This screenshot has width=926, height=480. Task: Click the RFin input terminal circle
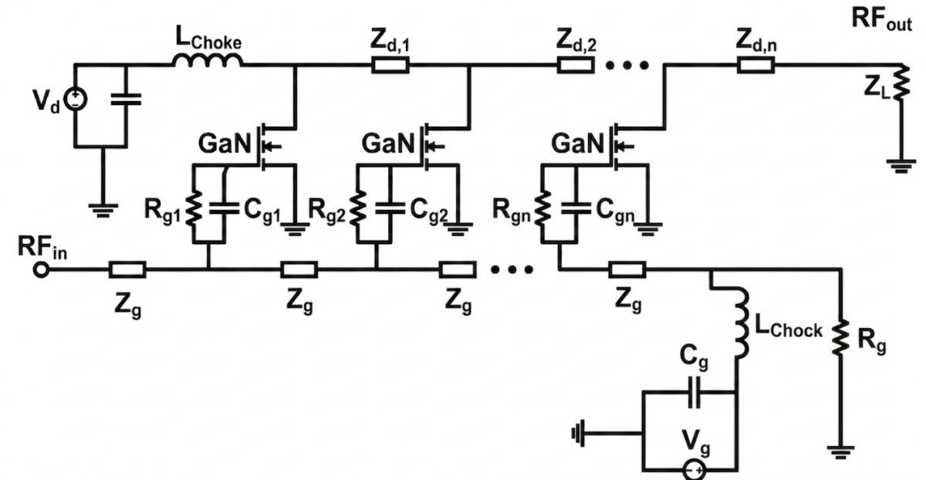[41, 270]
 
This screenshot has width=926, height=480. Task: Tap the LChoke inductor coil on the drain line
[208, 60]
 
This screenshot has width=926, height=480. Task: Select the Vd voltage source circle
[76, 100]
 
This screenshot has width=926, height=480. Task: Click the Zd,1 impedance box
[390, 66]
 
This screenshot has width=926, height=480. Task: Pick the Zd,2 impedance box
[576, 66]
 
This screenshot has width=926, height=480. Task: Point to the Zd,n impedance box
[755, 66]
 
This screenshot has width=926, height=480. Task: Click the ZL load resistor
[901, 83]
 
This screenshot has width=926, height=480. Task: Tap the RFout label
[881, 20]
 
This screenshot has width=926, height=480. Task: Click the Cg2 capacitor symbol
[390, 208]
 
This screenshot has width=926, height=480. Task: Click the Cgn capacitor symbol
[576, 208]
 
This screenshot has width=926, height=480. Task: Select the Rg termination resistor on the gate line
[840, 337]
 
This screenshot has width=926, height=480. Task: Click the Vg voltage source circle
[694, 470]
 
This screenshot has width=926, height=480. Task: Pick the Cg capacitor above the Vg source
[694, 392]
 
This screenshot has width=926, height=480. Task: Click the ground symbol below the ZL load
[901, 166]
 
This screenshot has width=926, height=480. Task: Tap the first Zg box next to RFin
[127, 270]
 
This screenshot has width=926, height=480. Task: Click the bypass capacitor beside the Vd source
[126, 100]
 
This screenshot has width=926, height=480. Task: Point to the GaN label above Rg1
[225, 144]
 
